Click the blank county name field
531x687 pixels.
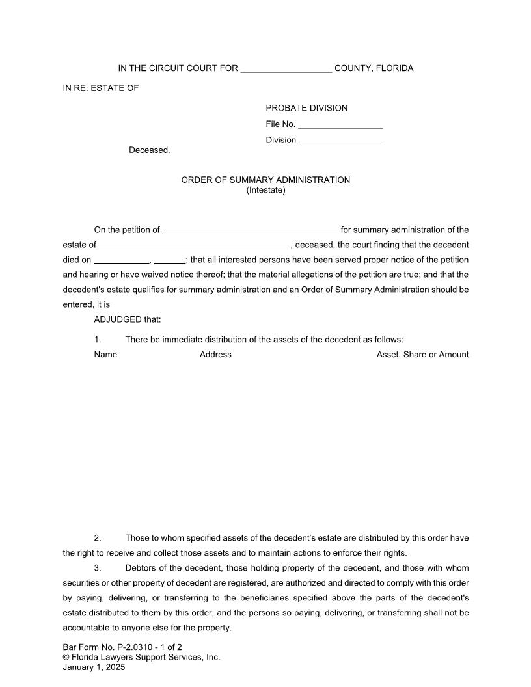coord(286,69)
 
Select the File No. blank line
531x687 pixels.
coord(340,125)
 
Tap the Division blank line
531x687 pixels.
coord(340,141)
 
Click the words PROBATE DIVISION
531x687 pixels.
coord(306,108)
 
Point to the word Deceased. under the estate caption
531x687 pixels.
coord(149,150)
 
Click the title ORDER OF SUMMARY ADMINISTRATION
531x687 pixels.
coord(265,180)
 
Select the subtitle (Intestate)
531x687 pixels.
coord(265,191)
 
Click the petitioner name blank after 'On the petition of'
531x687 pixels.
coord(250,230)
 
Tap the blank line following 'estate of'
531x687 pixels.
coord(194,245)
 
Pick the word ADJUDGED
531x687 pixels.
coord(116,319)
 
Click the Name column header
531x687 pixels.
coord(105,355)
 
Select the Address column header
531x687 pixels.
coord(215,355)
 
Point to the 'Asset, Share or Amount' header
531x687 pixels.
coord(422,355)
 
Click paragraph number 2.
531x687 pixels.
coord(98,539)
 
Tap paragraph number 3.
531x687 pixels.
coord(98,569)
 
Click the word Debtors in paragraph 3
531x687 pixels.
coord(141,569)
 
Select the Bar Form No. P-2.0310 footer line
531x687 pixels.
coord(122,647)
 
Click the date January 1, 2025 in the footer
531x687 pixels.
coord(94,667)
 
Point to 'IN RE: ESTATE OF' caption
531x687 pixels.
coord(101,88)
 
